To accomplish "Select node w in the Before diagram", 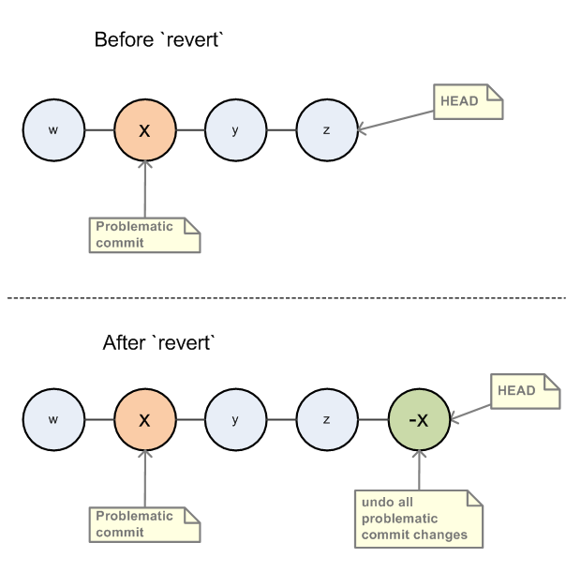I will (x=53, y=128).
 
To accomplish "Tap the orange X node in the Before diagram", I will (x=144, y=128).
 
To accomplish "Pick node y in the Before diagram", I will (x=235, y=128).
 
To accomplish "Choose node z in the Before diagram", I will (x=326, y=128).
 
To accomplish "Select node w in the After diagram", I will (x=53, y=418).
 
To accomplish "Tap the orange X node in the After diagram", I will (x=144, y=418).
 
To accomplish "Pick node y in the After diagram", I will (x=235, y=418).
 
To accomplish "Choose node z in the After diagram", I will (x=326, y=418).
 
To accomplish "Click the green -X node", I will (x=418, y=418).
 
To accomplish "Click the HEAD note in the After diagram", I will (x=524, y=392).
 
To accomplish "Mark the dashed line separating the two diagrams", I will (x=290, y=297).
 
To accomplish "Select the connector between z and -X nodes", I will (x=372, y=418).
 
